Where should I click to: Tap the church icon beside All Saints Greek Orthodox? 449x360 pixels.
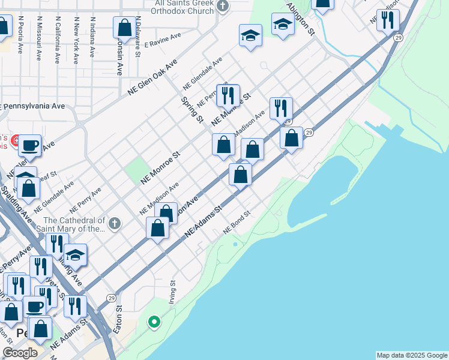[223, 7]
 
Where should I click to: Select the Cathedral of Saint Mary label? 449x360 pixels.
[66, 224]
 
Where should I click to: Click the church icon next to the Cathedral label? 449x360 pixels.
[115, 224]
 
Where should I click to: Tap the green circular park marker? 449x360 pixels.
[154, 322]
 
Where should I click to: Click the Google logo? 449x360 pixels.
[20, 352]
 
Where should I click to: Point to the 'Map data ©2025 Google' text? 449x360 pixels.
[411, 355]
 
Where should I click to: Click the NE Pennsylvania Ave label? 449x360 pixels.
[34, 106]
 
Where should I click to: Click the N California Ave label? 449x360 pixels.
[58, 39]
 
